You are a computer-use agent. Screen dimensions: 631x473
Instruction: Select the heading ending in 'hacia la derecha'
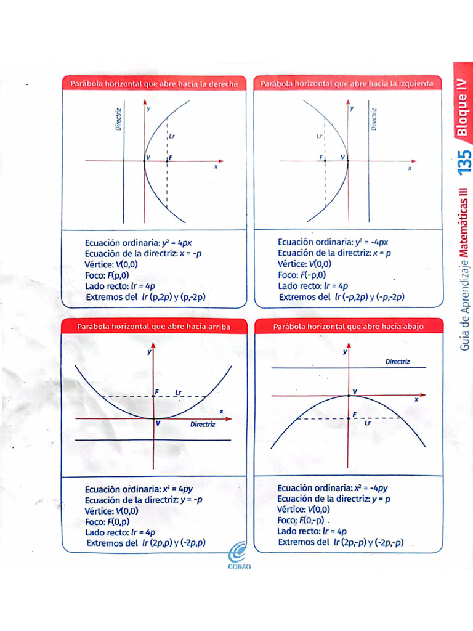pos(154,84)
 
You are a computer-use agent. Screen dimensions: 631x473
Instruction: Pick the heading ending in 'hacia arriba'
pos(153,327)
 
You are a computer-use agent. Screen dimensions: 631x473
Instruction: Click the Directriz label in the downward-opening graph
pos(397,362)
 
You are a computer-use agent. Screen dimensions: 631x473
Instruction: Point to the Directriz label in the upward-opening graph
pos(202,425)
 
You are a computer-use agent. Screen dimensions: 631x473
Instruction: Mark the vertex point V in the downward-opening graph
pos(349,394)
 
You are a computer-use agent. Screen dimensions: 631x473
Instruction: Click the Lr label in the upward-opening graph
pos(178,392)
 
